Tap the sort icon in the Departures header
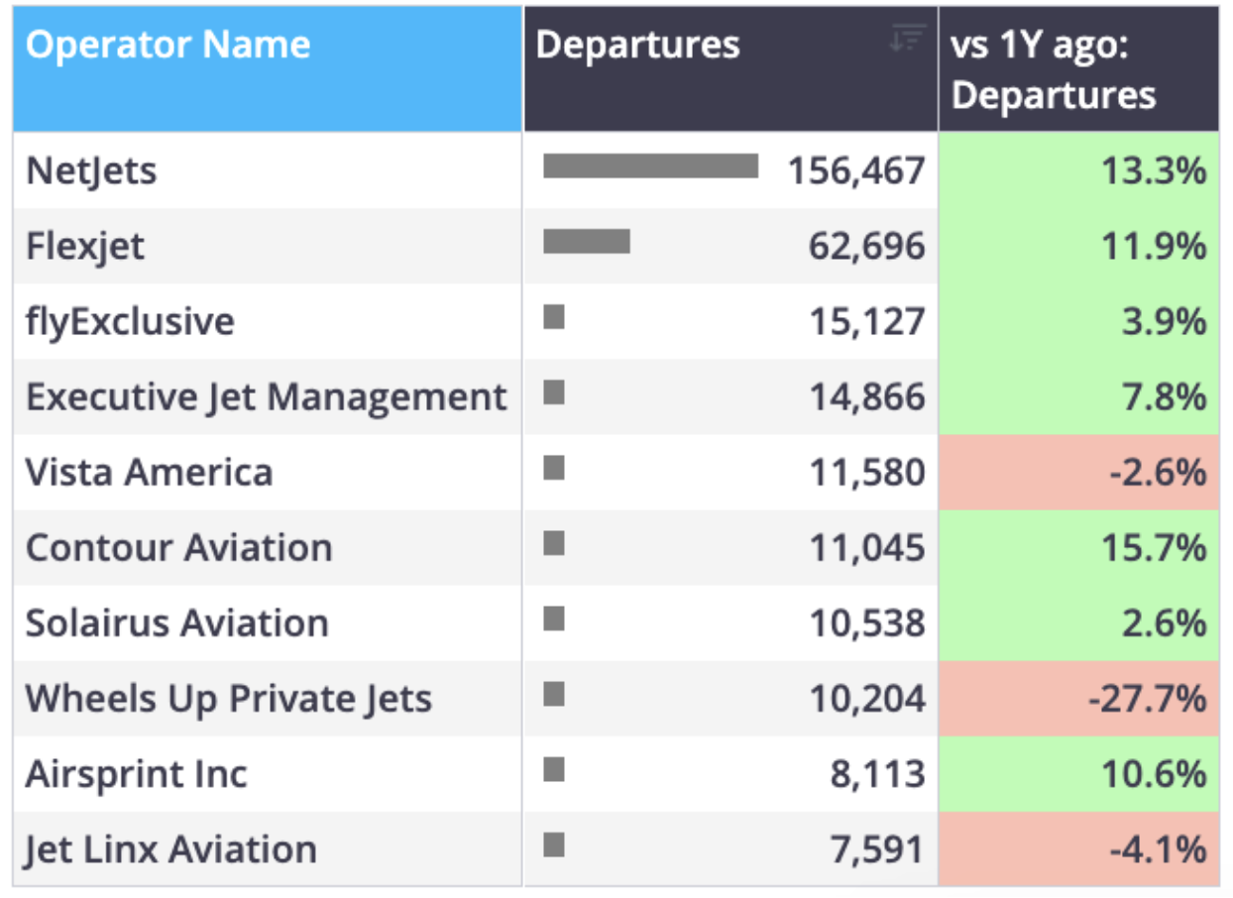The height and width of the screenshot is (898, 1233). click(908, 38)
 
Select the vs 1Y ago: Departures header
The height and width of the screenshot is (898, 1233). click(1053, 69)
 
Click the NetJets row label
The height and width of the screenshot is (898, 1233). click(91, 170)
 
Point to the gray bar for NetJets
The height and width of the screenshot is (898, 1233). click(650, 167)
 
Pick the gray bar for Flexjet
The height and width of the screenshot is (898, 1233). click(587, 241)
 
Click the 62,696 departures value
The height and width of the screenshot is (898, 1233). click(866, 246)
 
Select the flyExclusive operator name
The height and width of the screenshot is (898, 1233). click(131, 321)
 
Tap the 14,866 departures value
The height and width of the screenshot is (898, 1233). click(867, 396)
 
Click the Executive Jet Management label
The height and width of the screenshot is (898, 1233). click(267, 397)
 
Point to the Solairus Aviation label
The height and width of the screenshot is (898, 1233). click(177, 623)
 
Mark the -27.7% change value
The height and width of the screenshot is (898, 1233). click(1147, 699)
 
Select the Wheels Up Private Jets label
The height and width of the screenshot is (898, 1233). click(228, 699)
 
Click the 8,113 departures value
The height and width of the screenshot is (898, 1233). click(877, 774)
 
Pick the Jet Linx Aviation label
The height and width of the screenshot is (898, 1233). click(171, 850)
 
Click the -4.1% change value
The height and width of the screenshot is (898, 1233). click(1158, 849)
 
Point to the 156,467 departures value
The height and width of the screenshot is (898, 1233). click(856, 170)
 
